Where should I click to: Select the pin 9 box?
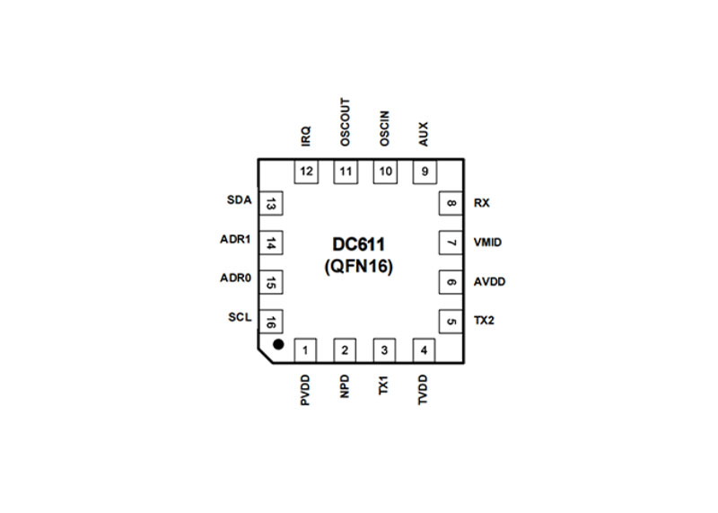coord(424,171)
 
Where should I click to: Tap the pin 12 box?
coord(307,171)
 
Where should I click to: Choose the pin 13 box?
coord(270,204)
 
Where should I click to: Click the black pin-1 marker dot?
coord(278,344)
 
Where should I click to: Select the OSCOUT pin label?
coord(346,123)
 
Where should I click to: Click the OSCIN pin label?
coord(385,128)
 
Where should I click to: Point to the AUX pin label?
coord(424,135)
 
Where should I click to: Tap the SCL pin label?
coord(240,317)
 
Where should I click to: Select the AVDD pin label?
coord(490,282)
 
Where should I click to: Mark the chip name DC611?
coord(357,244)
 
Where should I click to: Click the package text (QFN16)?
coord(357,267)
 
